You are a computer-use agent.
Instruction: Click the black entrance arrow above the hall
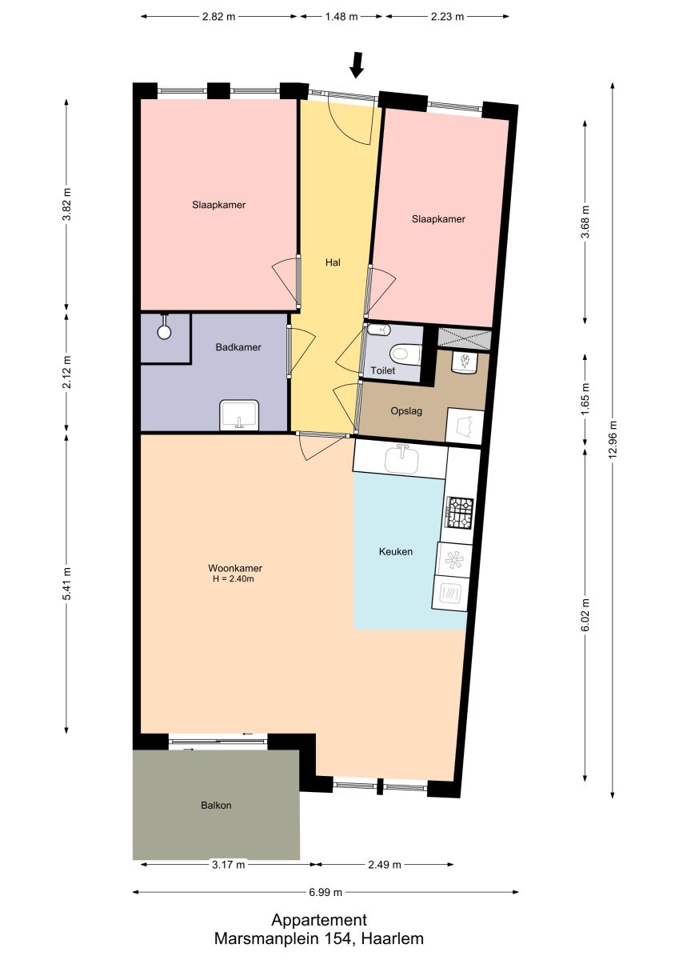tap(356, 65)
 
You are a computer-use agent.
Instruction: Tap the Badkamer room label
tap(238, 347)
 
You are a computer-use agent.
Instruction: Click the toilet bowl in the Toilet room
tap(405, 354)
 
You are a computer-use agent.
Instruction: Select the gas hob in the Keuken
tap(460, 512)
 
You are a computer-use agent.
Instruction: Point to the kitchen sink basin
tap(401, 459)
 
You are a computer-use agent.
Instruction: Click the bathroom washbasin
tap(239, 414)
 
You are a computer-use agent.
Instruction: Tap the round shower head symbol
tap(164, 331)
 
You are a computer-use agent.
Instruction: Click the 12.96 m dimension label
tap(613, 439)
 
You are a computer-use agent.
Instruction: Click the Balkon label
tap(216, 806)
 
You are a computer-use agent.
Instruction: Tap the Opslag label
tap(406, 411)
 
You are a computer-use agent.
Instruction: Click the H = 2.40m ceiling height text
tap(234, 579)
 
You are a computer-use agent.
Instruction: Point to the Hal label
tap(333, 262)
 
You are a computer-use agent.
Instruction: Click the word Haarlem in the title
tap(393, 938)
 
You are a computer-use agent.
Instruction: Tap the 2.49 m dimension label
tap(384, 865)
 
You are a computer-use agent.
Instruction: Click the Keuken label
tap(395, 551)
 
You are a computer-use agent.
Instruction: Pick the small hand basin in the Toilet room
tap(379, 330)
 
